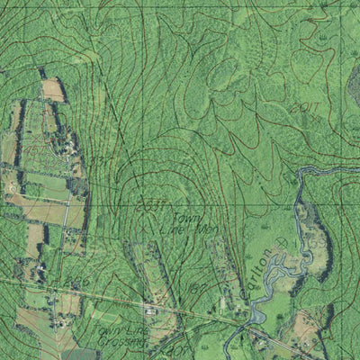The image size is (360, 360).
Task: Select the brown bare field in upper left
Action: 53,89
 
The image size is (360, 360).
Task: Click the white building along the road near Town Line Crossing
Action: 149,310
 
